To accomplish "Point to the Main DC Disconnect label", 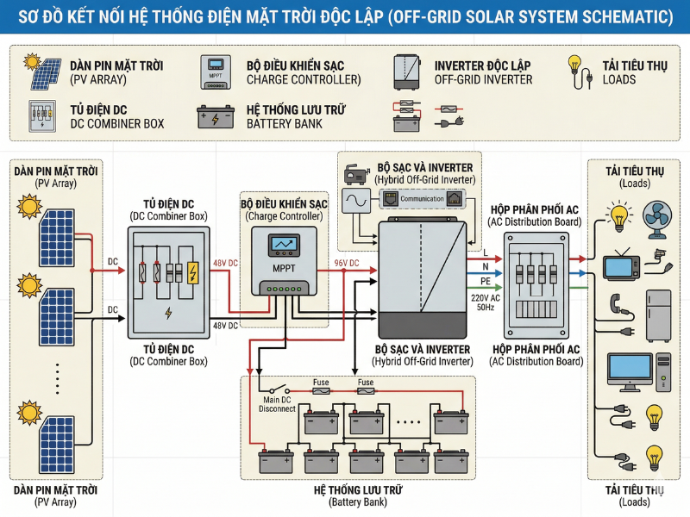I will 277,403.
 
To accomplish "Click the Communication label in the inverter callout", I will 422,199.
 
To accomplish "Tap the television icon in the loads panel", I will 619,265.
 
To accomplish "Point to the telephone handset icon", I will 615,303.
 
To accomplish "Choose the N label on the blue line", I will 484,266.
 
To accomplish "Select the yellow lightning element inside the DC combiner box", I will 194,273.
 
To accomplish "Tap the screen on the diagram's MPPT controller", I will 283,246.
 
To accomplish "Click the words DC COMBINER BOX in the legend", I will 116,124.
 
